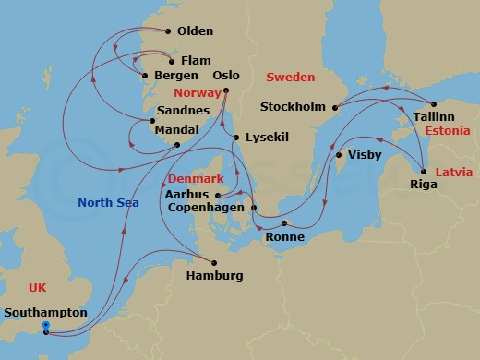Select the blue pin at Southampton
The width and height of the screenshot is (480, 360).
pos(46,326)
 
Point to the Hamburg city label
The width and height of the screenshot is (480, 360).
pos(214,276)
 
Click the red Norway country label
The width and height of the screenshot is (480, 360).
pos(199,93)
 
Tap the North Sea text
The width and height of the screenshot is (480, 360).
pos(108,203)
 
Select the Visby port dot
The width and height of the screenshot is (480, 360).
pos(339,155)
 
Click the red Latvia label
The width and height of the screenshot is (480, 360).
pos(453,173)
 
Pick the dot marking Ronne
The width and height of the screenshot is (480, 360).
pos(284,223)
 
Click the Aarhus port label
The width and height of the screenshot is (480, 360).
pos(187,195)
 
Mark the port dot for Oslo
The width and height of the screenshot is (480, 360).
pos(226,90)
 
